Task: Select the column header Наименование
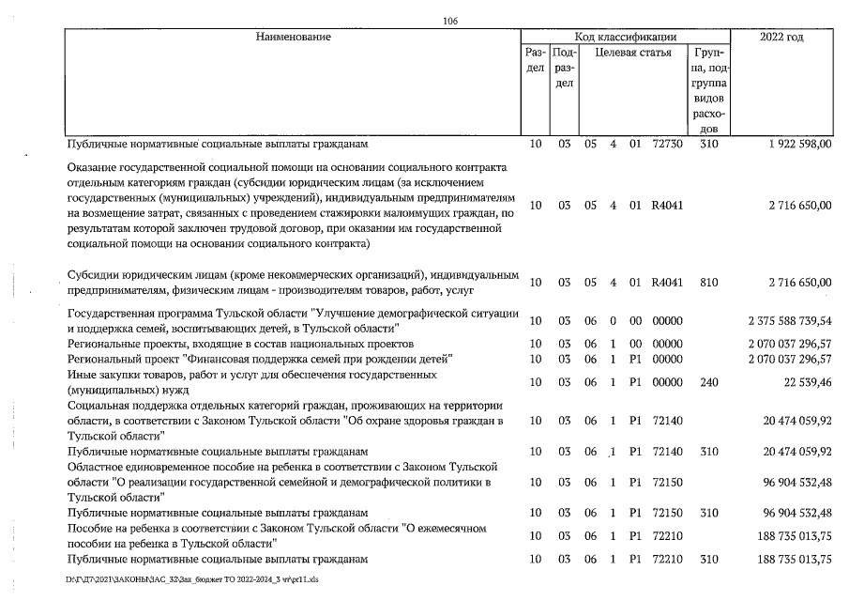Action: pos(293,37)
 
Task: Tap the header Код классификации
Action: pos(625,37)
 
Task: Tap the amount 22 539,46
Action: pos(801,381)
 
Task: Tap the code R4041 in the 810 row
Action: pos(666,282)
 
